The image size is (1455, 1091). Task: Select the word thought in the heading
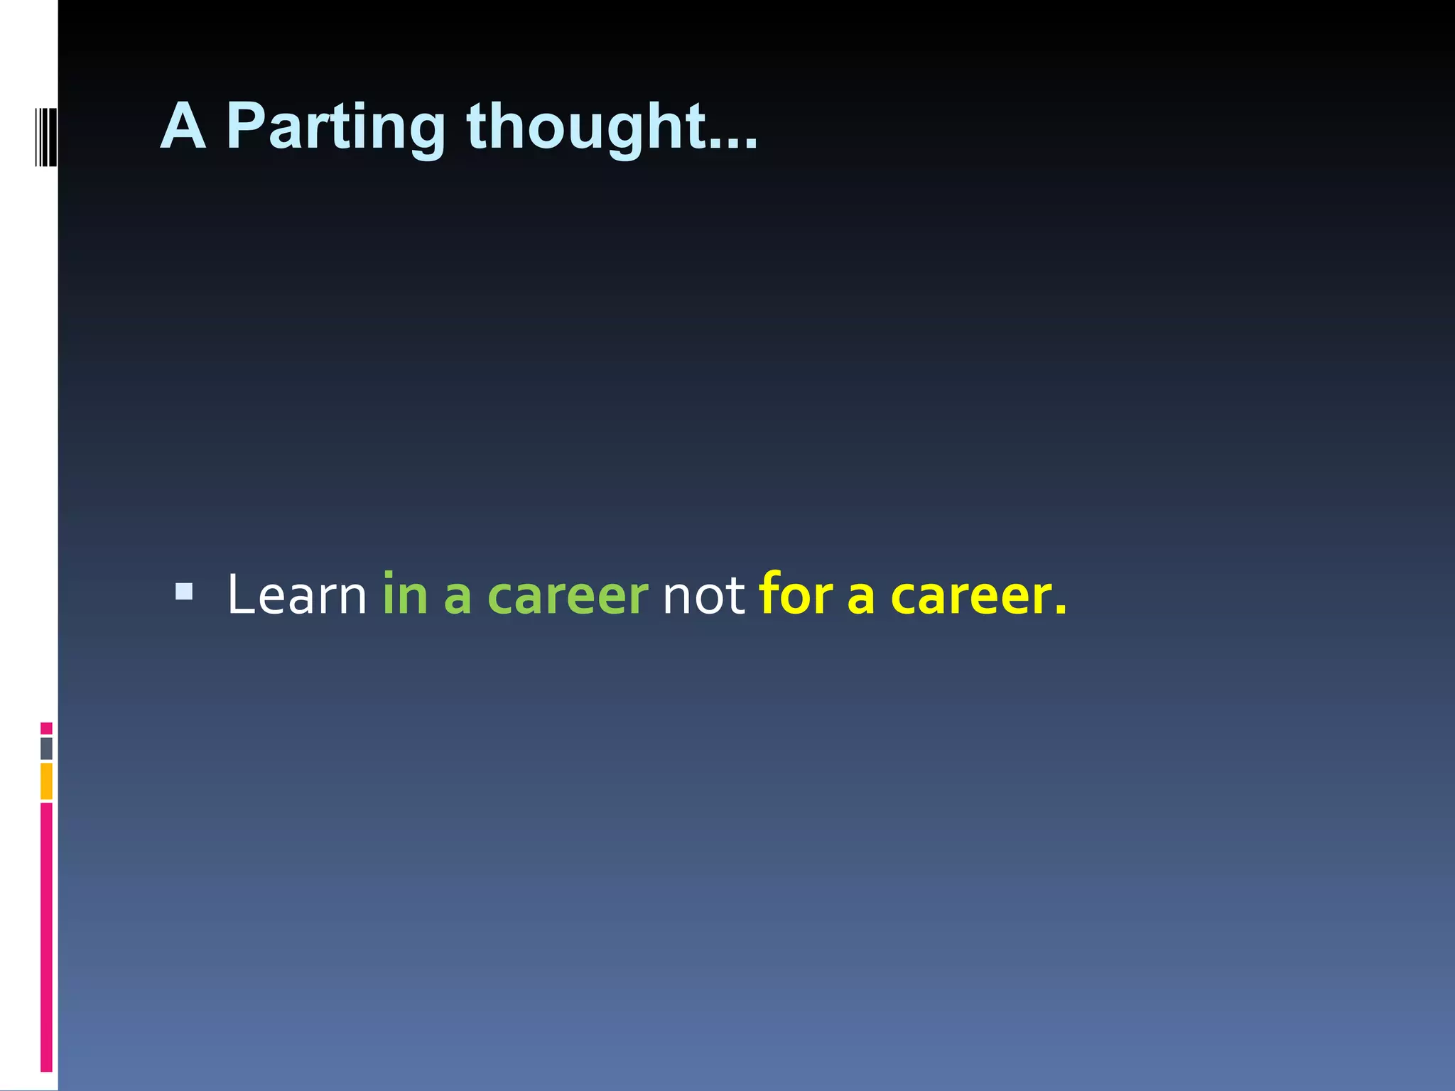(x=586, y=128)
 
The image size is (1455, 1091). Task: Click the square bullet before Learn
(x=184, y=591)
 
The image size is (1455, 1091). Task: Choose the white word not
(x=703, y=595)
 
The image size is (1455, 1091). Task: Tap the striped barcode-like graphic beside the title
(x=45, y=136)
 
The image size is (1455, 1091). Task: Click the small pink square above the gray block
(x=46, y=728)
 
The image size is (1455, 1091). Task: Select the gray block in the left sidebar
(x=46, y=749)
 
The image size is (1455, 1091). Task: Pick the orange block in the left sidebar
(x=46, y=781)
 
